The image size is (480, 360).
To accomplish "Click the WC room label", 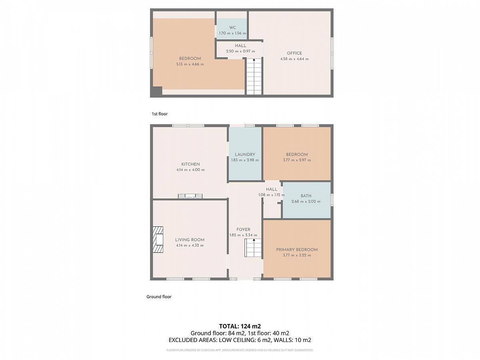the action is pyautogui.click(x=232, y=28).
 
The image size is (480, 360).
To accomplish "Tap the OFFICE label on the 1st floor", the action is pyautogui.click(x=294, y=53).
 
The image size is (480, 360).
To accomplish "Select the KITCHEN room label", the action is pyautogui.click(x=190, y=164).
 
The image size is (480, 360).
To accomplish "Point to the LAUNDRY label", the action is pyautogui.click(x=245, y=154).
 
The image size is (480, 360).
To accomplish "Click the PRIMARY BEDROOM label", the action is pyautogui.click(x=297, y=250).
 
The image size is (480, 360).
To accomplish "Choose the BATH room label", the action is pyautogui.click(x=306, y=196).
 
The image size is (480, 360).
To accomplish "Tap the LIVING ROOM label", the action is pyautogui.click(x=190, y=240).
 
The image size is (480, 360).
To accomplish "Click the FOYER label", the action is pyautogui.click(x=243, y=230).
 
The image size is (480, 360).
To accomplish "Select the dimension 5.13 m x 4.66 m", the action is pyautogui.click(x=190, y=64).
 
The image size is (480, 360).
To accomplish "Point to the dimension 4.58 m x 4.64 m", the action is pyautogui.click(x=294, y=59).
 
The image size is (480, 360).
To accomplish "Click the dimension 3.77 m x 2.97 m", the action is pyautogui.click(x=297, y=160).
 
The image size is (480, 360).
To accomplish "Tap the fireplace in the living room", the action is pyautogui.click(x=158, y=240).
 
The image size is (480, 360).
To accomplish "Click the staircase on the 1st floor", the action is pyautogui.click(x=254, y=76).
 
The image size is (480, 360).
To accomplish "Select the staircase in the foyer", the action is pyautogui.click(x=253, y=248).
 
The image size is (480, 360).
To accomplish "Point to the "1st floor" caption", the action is pyautogui.click(x=160, y=114).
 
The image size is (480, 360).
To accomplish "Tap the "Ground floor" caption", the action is pyautogui.click(x=159, y=297).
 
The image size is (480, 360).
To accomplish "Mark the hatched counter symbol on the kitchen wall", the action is pyautogui.click(x=190, y=196).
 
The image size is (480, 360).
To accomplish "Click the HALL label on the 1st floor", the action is pyautogui.click(x=240, y=46).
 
